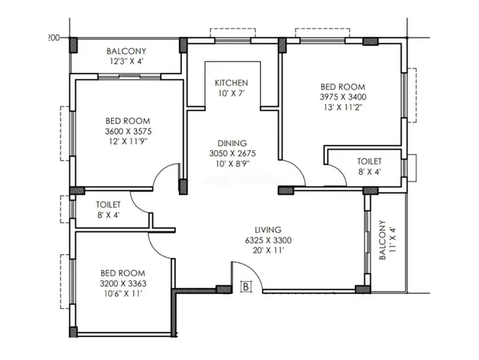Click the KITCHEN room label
231,83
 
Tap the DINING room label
232,143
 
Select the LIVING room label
268,230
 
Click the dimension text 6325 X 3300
269,241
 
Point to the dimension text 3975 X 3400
343,97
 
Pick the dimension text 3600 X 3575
129,131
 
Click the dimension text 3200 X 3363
123,283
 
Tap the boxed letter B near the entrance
246,287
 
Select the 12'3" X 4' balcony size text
126,61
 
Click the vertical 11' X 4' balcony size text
393,240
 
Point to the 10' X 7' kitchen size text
232,93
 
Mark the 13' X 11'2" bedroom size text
343,108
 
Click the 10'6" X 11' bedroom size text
123,294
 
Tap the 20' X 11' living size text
269,250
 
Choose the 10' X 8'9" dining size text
233,164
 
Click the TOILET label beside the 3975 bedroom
370,161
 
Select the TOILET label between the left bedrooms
108,205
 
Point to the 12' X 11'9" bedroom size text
129,142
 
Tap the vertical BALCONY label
383,240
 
